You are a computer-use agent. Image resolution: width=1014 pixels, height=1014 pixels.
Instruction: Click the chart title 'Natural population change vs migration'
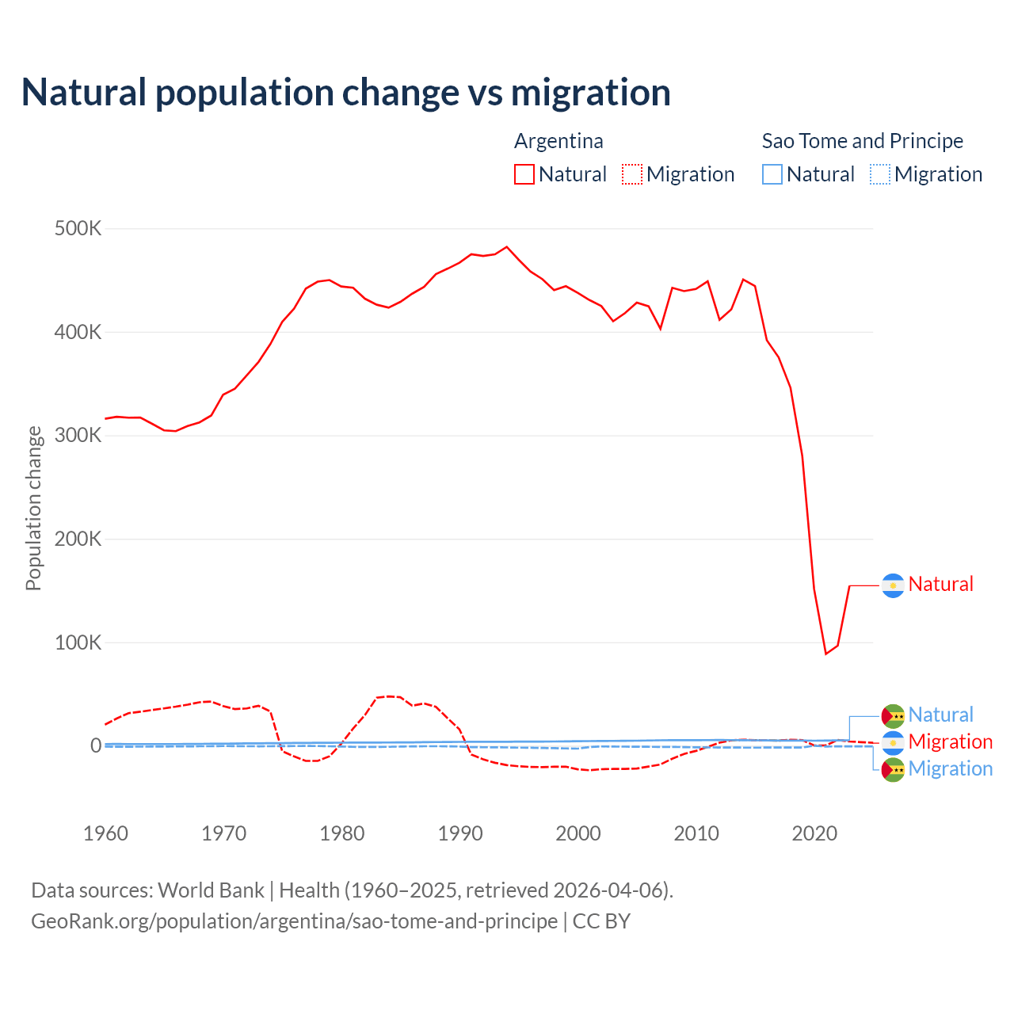coord(345,93)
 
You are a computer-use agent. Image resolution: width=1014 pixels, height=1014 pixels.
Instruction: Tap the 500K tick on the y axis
coord(78,229)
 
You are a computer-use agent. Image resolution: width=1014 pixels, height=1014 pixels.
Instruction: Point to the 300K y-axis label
coord(78,436)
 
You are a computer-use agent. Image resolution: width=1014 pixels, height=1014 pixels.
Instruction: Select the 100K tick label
coord(78,642)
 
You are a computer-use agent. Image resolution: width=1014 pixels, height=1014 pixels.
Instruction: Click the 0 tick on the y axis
coord(96,745)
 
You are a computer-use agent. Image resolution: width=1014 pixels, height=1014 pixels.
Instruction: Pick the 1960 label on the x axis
coord(105,833)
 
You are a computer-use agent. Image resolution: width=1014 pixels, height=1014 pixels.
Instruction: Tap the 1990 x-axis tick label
coord(460,833)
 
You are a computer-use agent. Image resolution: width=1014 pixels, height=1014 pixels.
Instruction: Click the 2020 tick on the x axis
coord(814,833)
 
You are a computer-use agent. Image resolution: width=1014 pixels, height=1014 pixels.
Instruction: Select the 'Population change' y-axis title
coord(33,508)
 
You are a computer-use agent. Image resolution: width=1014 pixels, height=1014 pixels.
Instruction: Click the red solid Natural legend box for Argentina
coord(524,174)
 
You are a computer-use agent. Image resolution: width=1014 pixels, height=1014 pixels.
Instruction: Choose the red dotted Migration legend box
coord(632,174)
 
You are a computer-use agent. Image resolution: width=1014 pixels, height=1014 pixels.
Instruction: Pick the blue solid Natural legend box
coord(772,174)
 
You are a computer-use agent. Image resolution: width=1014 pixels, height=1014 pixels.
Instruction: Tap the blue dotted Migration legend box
coord(880,174)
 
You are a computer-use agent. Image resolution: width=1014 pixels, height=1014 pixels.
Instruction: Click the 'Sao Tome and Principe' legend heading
coord(862,141)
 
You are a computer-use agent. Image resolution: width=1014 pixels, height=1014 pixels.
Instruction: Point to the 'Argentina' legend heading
coord(558,141)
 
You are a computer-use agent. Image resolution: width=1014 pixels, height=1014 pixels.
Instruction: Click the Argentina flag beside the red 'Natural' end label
coord(893,585)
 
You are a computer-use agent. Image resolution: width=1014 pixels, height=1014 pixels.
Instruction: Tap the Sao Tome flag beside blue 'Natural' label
coord(893,715)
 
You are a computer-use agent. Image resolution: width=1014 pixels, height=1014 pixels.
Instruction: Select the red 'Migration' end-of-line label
coord(950,742)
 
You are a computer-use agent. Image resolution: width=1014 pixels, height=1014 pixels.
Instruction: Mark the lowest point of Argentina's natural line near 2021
coord(825,654)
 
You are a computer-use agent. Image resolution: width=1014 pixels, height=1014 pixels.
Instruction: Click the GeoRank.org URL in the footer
coord(294,921)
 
